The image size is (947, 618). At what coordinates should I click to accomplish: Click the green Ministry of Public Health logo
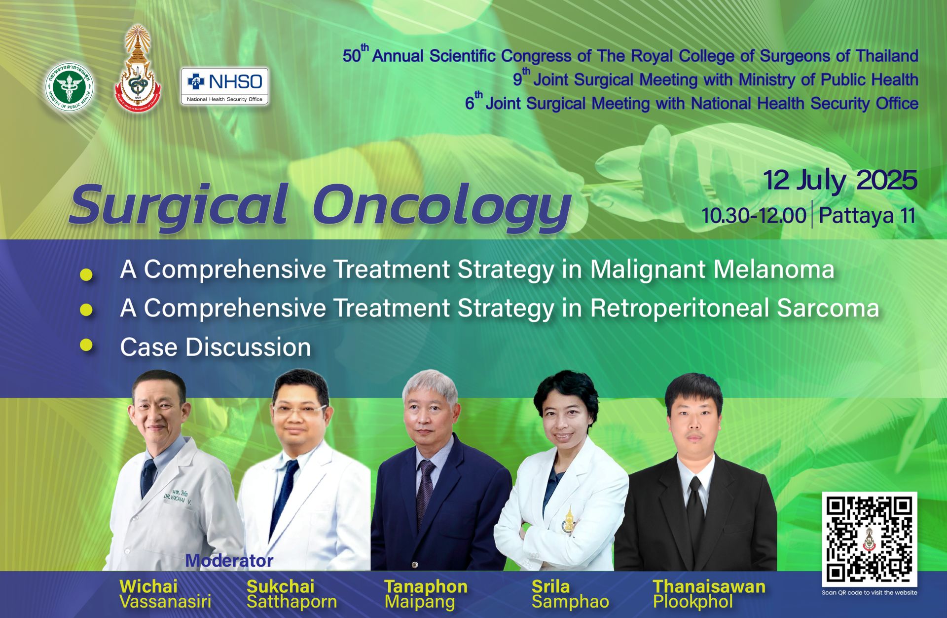(x=70, y=87)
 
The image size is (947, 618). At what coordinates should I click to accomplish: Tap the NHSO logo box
(x=225, y=86)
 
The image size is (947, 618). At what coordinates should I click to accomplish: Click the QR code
(x=869, y=539)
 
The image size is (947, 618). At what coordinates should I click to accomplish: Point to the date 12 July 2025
(x=840, y=181)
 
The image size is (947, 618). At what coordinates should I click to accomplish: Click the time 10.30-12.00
(x=754, y=216)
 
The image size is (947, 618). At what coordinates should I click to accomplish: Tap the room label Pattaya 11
(x=867, y=216)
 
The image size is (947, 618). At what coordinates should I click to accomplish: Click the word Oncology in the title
(x=442, y=207)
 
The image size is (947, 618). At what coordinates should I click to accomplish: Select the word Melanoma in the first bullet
(x=774, y=270)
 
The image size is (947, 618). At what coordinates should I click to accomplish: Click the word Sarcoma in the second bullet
(x=828, y=308)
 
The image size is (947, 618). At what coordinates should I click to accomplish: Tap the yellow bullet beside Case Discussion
(x=86, y=345)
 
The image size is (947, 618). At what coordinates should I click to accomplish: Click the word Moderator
(x=229, y=561)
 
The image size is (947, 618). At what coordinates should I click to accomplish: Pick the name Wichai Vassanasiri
(x=165, y=594)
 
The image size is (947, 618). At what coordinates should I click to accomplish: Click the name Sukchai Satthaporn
(x=292, y=594)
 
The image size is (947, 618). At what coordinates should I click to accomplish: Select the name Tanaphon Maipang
(x=426, y=594)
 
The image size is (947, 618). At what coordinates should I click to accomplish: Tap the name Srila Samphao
(x=570, y=594)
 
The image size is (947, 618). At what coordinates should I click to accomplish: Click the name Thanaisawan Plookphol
(x=709, y=594)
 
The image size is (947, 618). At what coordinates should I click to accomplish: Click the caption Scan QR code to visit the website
(x=870, y=592)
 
